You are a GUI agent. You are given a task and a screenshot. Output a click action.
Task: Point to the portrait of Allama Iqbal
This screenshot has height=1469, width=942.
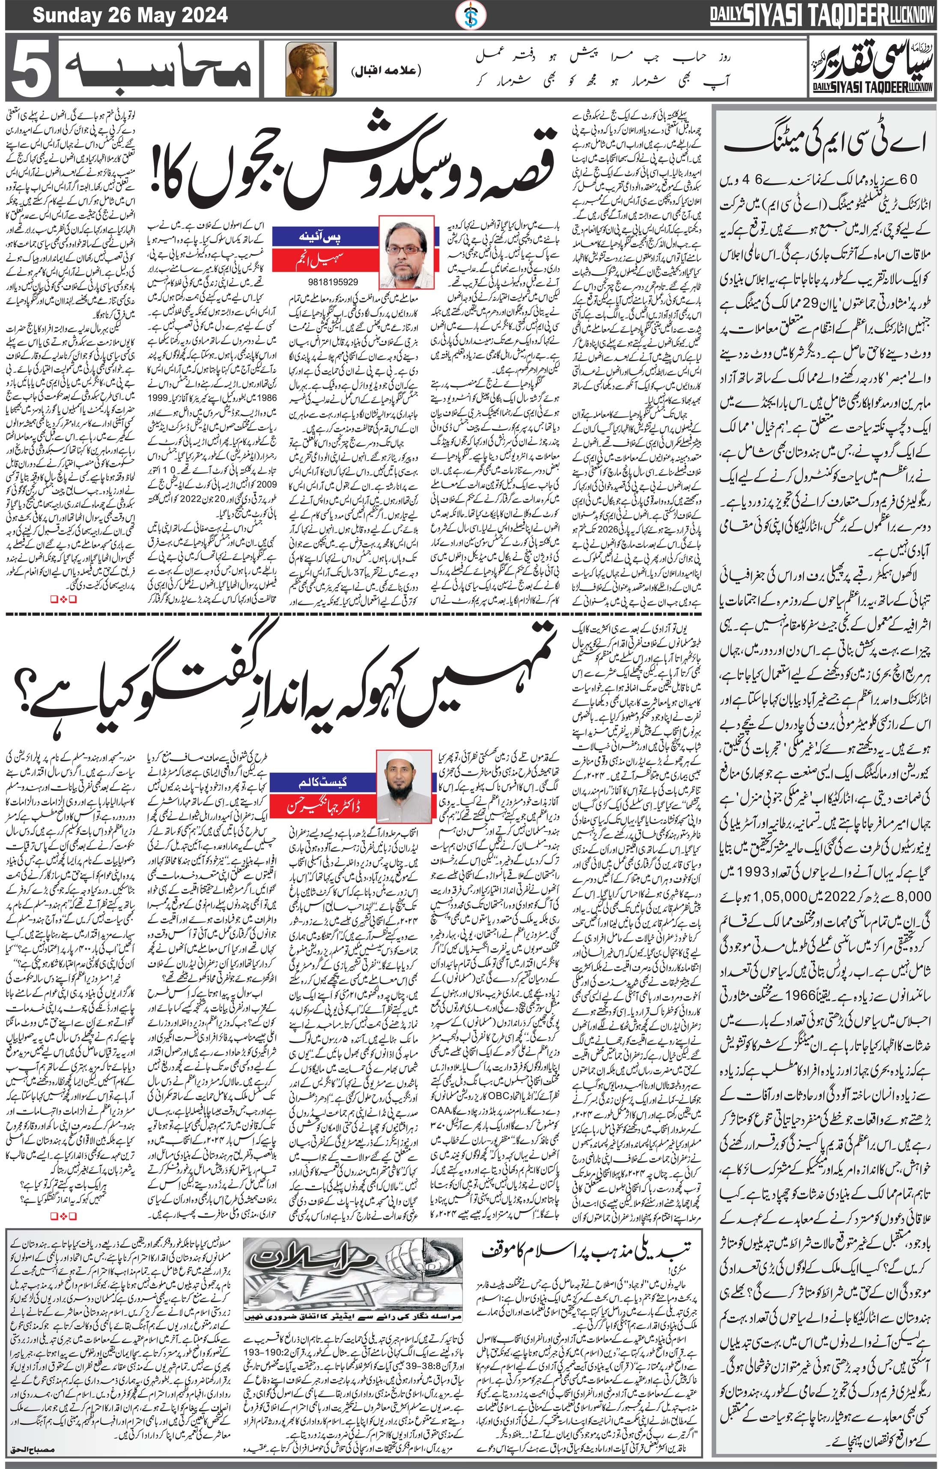[302, 69]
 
